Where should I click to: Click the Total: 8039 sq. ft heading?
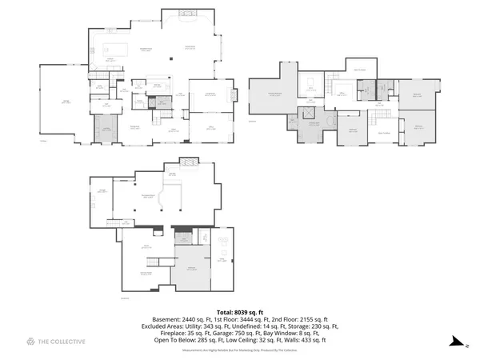pos(239,312)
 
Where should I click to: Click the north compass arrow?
pos(457,342)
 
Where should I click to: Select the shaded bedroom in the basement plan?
pos(191,269)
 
